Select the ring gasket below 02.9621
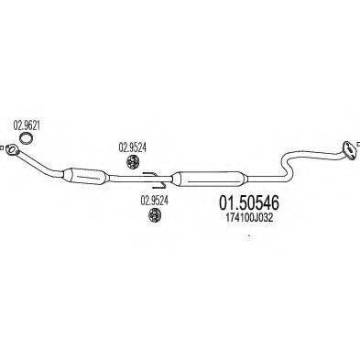pyautogui.click(x=27, y=138)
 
